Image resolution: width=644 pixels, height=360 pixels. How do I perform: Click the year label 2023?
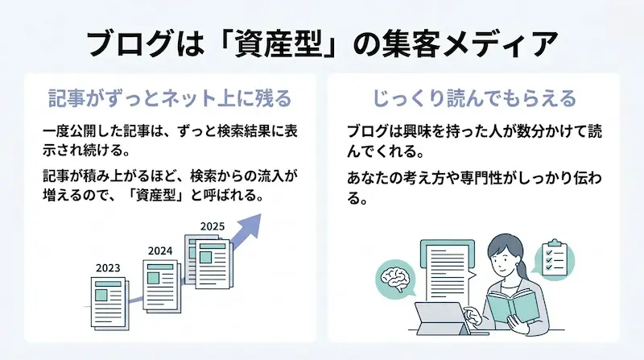[x=107, y=267]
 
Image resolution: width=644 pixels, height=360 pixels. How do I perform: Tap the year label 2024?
[x=161, y=250]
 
